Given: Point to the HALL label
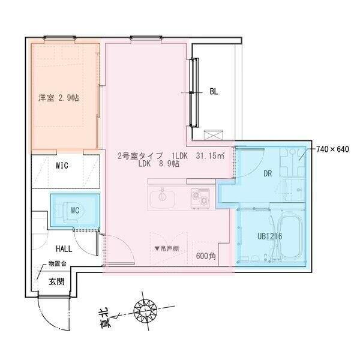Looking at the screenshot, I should (x=64, y=248).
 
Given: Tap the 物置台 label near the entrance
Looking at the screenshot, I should (x=58, y=264).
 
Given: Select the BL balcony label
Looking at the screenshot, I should (x=214, y=92).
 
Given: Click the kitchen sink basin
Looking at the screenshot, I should (x=161, y=196).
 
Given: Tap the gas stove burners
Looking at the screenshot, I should (x=200, y=196).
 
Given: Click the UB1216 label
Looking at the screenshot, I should (x=269, y=236).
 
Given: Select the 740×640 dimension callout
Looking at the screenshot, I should (x=333, y=149).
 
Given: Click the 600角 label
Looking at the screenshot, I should (x=206, y=256).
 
